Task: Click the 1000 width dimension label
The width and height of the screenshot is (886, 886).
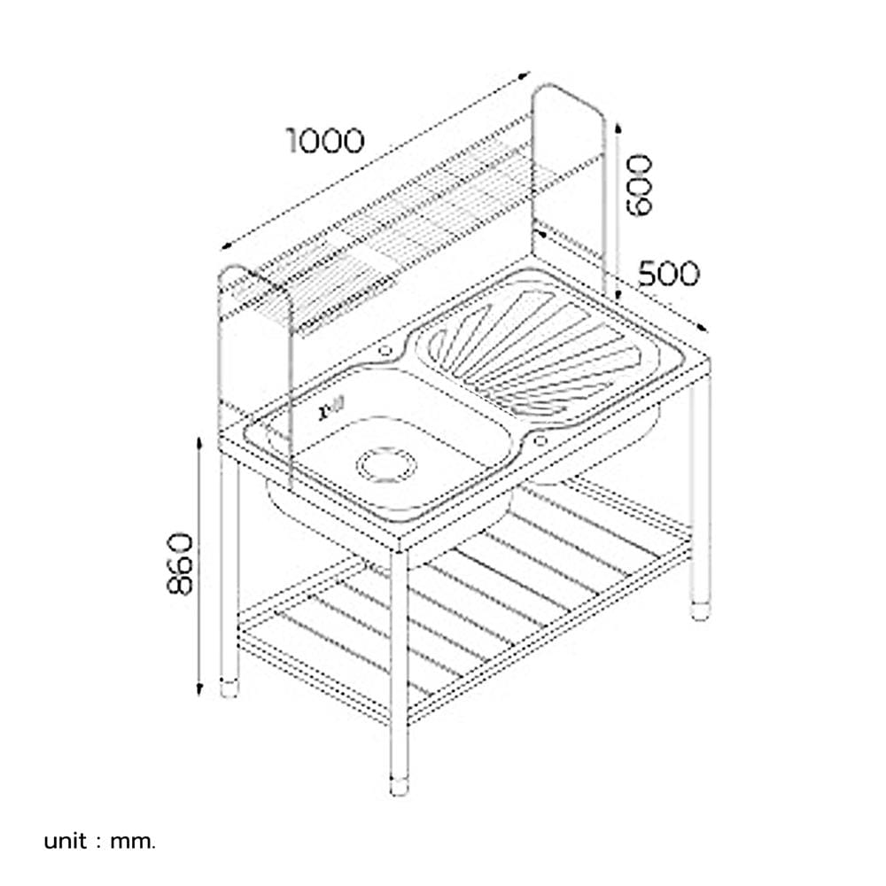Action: coord(325,141)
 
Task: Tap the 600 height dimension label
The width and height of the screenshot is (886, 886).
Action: coord(640,185)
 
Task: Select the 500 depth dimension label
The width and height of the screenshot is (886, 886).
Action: coord(668,274)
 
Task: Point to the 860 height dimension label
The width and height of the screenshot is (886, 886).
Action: coord(180,563)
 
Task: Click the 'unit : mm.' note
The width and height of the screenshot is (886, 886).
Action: coord(99,842)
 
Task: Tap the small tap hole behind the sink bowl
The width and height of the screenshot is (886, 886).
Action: coord(385,351)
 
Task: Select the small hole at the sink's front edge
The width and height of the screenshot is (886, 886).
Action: coord(540,440)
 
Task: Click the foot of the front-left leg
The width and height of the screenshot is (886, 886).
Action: coord(229,687)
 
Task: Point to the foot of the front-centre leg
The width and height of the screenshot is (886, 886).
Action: coord(399,786)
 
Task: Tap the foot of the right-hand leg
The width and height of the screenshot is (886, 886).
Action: coord(701,611)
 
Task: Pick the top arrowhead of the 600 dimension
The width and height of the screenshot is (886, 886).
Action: coord(618,128)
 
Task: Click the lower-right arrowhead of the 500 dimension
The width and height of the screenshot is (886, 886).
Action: coord(703,329)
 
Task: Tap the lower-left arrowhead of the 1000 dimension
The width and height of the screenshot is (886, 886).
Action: coord(227,245)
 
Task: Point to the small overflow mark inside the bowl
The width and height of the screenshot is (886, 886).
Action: coord(331,408)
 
